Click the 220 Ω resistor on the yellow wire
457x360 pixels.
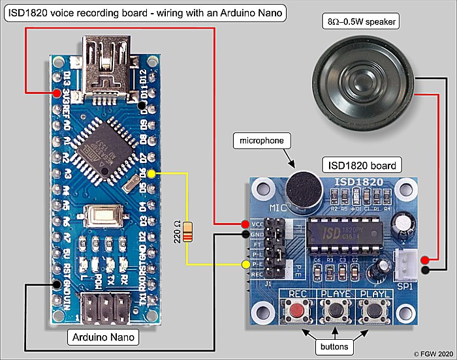tap(188, 232)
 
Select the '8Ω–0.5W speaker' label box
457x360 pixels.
tap(363, 22)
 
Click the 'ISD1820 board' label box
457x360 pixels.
tap(362, 164)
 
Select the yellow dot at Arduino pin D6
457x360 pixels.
tap(151, 174)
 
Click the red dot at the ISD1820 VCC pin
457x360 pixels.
tap(245, 224)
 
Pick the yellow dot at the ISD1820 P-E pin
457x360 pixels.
tap(245, 264)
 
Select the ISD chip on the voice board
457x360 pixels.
tap(339, 231)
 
